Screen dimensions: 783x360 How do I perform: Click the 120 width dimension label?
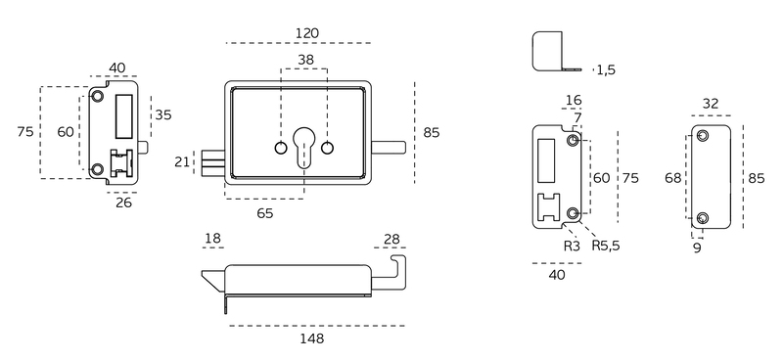tap(307, 33)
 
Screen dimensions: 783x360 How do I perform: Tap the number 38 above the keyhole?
tap(305, 60)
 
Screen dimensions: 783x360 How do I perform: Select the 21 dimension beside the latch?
tap(182, 161)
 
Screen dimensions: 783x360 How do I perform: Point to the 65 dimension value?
tap(265, 213)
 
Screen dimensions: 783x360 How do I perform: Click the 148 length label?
tap(311, 338)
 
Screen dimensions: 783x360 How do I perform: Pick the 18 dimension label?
tap(212, 239)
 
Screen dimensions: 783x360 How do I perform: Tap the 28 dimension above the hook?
tap(391, 239)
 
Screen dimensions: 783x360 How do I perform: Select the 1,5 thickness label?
tap(606, 69)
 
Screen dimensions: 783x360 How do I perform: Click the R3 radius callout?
tap(573, 246)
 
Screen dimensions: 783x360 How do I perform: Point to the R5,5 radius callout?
tap(606, 246)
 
